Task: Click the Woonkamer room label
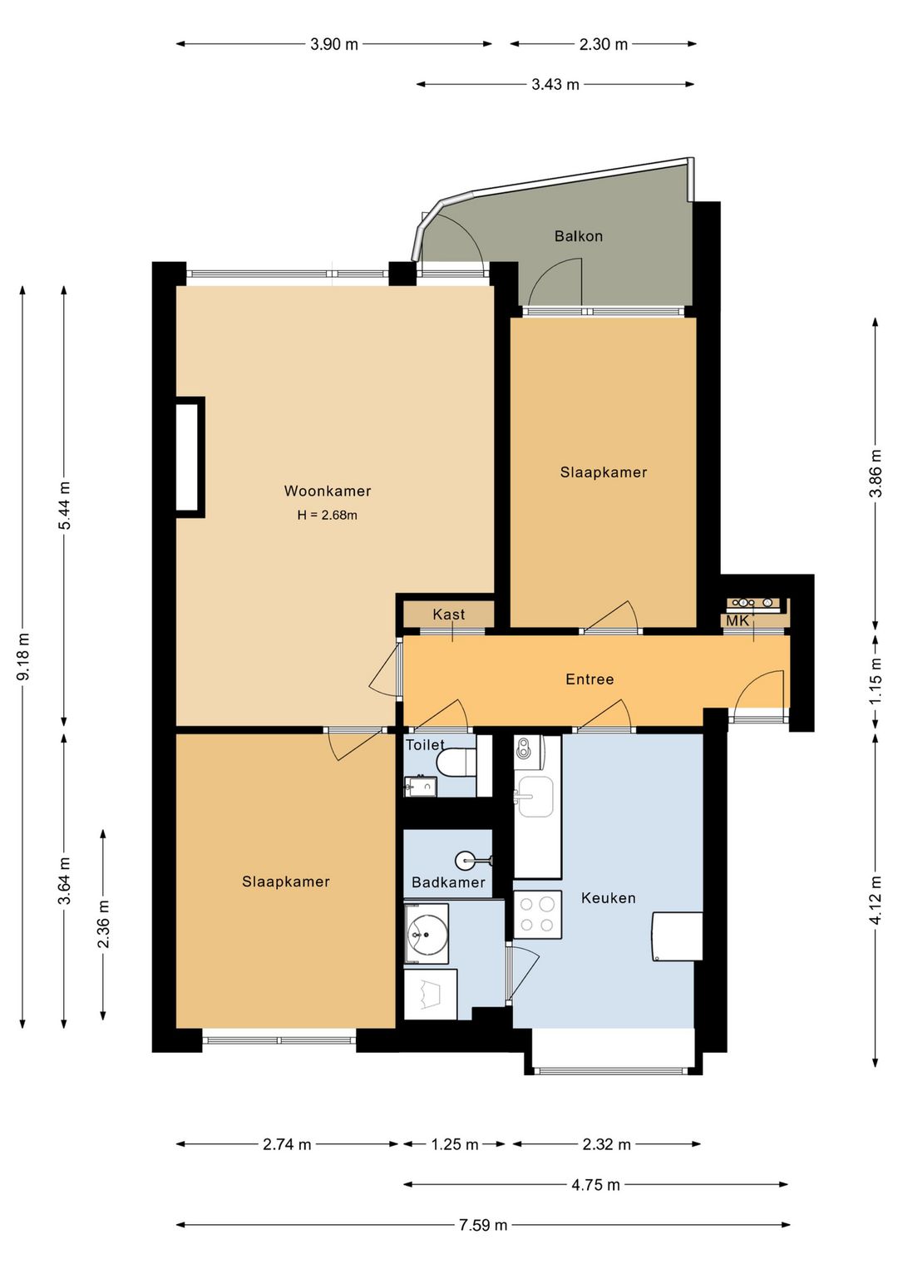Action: (x=328, y=491)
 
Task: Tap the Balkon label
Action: (x=579, y=235)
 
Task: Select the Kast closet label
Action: (x=449, y=614)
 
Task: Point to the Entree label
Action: (x=590, y=679)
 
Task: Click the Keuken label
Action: (x=609, y=898)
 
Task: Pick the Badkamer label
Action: (x=448, y=882)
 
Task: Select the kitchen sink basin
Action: (x=536, y=797)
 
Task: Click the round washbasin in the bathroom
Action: (x=466, y=862)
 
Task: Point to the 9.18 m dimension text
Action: (x=24, y=656)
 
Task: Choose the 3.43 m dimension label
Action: (x=555, y=85)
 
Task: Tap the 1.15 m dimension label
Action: (x=876, y=680)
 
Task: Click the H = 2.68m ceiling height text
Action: (x=328, y=516)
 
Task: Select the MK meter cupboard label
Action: (x=738, y=621)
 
